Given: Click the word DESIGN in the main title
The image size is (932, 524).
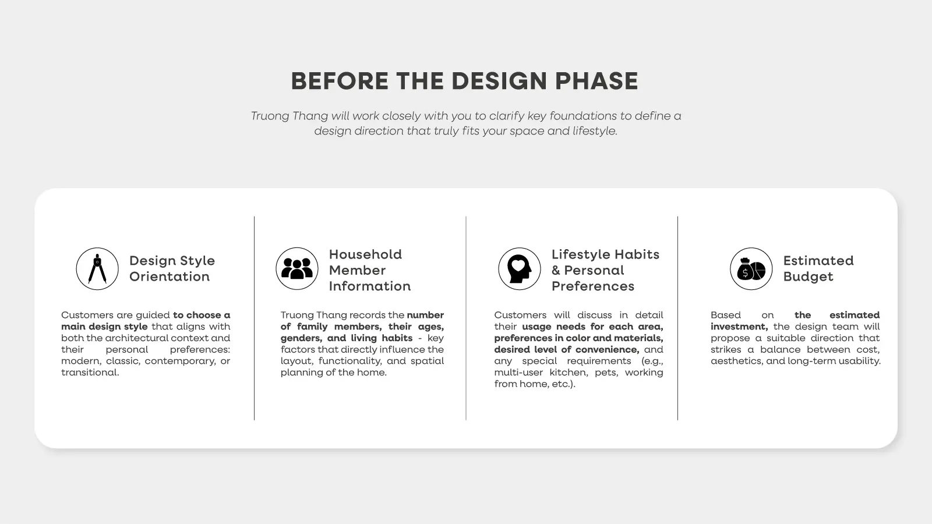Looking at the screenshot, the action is [x=499, y=81].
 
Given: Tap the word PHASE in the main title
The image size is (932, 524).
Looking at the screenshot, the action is [x=596, y=81].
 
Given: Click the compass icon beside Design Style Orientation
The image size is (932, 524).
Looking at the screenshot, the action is [x=97, y=268].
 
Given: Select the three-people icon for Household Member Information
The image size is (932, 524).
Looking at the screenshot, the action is [x=296, y=268].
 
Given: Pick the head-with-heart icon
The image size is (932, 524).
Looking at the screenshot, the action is [x=519, y=268].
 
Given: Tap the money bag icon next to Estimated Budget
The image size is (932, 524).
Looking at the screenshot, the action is [x=751, y=268].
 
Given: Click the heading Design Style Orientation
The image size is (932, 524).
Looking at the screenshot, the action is [x=172, y=268].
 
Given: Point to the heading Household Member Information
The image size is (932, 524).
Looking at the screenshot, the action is [x=369, y=270].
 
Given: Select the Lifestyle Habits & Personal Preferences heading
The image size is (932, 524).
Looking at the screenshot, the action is [x=605, y=270].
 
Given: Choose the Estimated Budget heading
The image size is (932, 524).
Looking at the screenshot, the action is [x=818, y=268].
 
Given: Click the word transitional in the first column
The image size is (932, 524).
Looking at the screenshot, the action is [x=90, y=372].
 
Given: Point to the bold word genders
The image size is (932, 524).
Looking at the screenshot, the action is [x=301, y=338].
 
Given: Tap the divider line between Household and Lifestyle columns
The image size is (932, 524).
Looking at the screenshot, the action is [x=466, y=318].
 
